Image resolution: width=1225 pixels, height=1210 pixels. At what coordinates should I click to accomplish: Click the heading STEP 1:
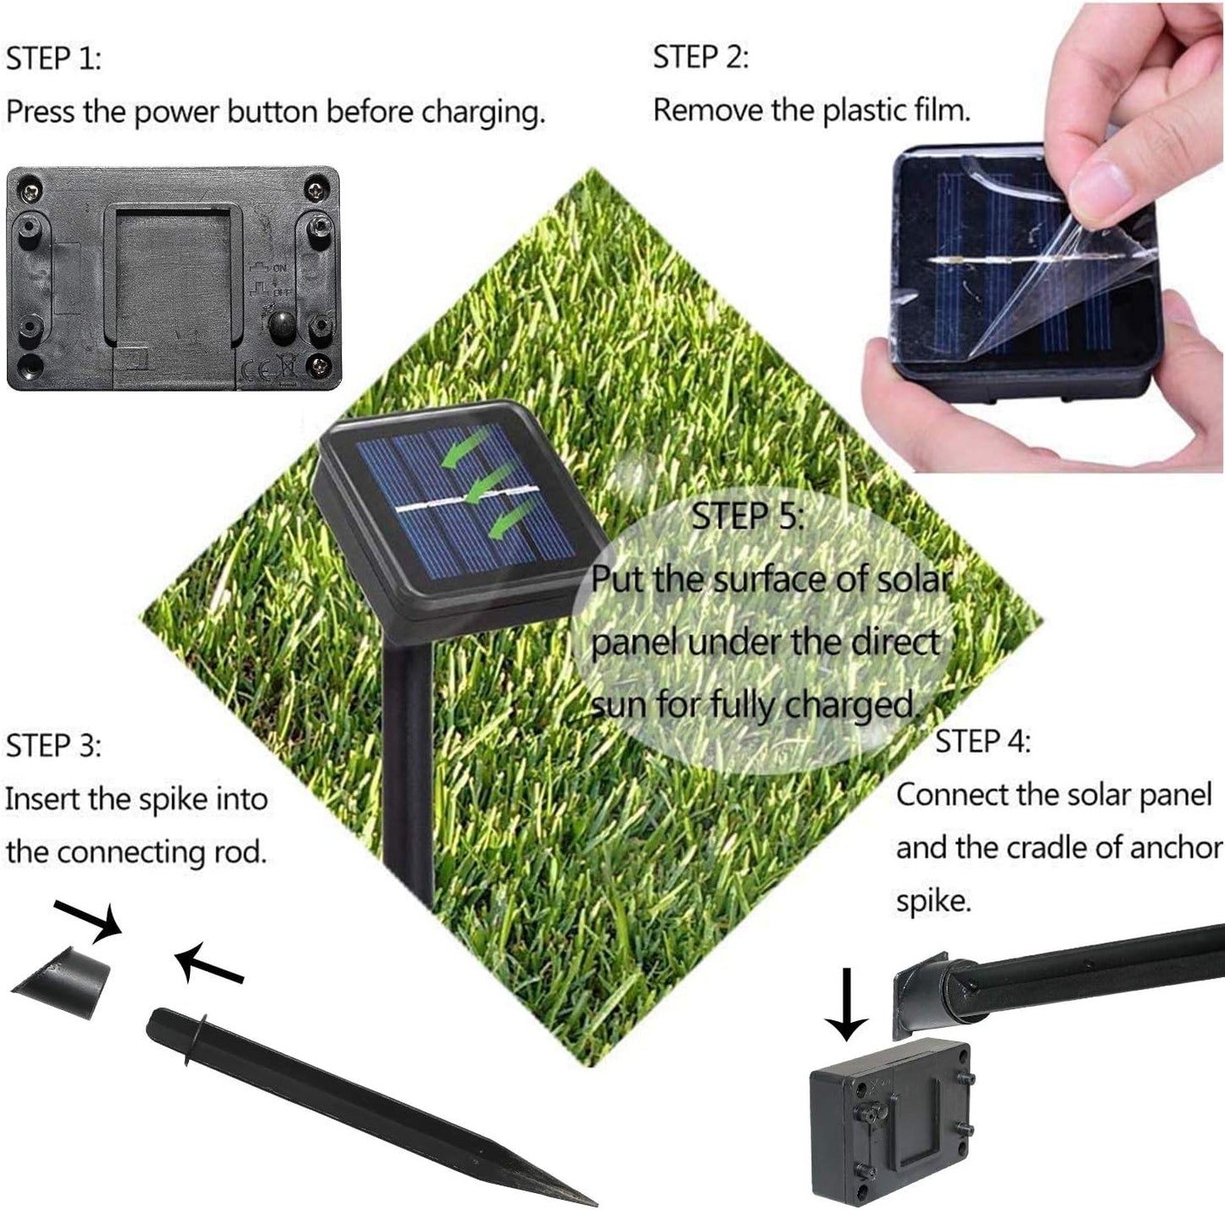tap(53, 58)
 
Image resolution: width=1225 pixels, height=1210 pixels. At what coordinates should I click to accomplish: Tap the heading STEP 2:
tap(700, 58)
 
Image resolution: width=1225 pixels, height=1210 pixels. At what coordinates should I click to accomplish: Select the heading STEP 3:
tap(53, 746)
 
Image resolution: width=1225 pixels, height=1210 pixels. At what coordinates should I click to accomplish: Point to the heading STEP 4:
tap(983, 741)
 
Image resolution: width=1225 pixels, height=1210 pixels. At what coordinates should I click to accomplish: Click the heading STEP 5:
tap(748, 516)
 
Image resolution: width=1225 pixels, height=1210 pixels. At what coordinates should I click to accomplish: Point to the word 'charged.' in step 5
tap(852, 705)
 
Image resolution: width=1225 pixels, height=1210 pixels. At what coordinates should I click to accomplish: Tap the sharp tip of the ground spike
tap(595, 1201)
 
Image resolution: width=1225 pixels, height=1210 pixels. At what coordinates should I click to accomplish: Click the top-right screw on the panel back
tap(316, 189)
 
